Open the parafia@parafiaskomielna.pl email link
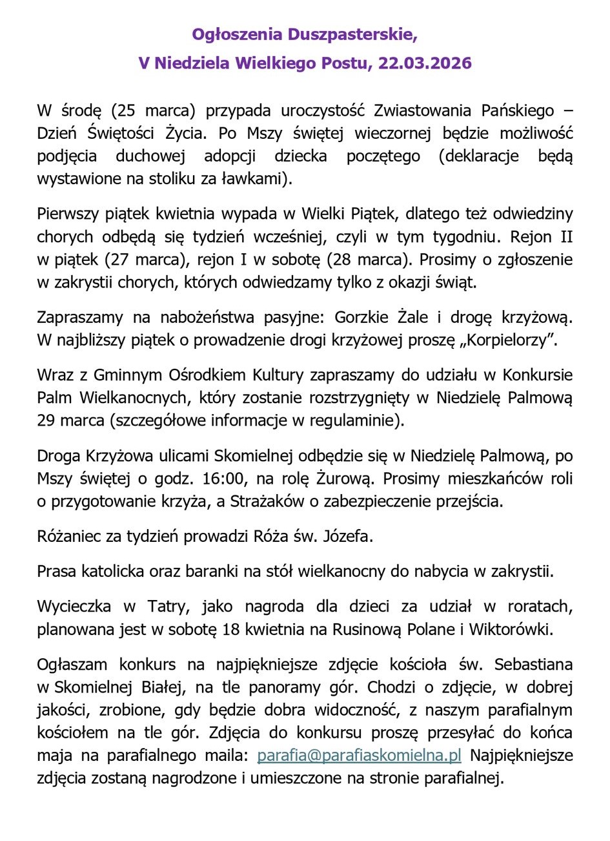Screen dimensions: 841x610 [x=359, y=756]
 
